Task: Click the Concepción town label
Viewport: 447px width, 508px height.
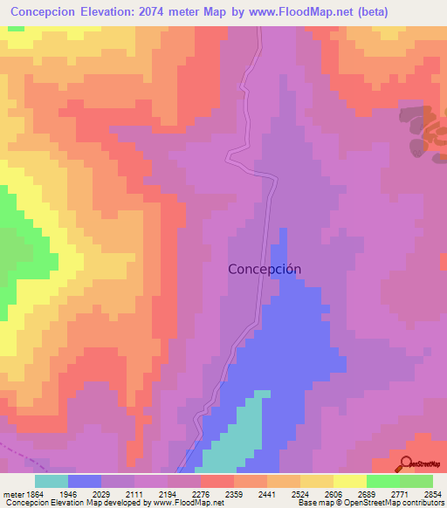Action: click(265, 269)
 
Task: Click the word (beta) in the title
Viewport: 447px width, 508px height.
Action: click(389, 12)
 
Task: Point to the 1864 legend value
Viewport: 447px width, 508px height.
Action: click(34, 493)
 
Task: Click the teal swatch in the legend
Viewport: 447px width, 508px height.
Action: click(51, 481)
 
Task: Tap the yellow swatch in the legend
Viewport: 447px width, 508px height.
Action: click(349, 481)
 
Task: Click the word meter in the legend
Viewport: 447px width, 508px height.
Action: click(11, 493)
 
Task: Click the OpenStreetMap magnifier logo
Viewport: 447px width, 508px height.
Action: click(403, 463)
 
